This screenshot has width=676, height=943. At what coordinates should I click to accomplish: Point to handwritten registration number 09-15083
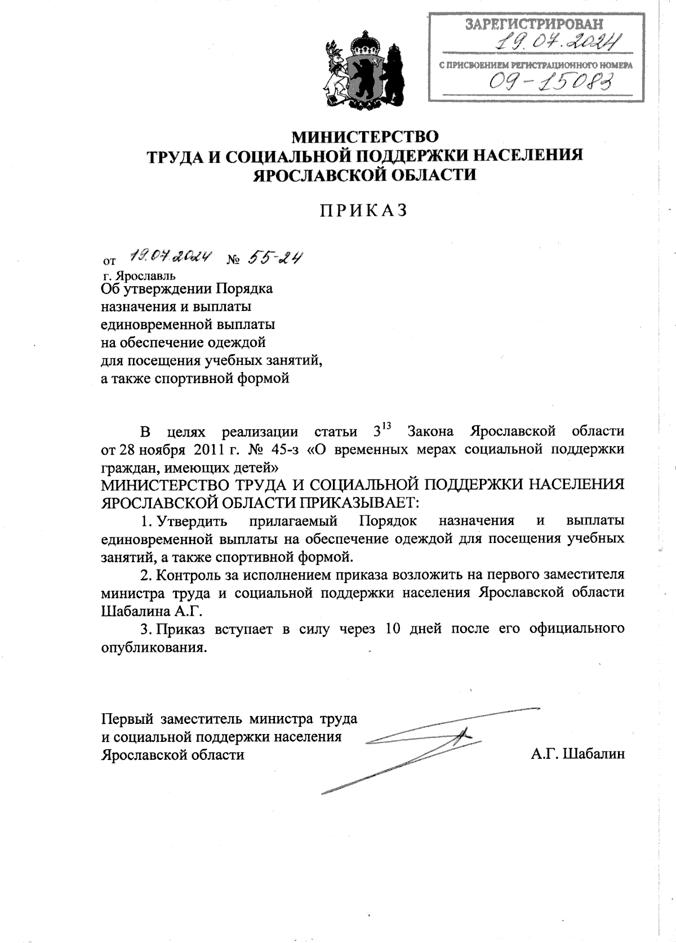click(x=550, y=83)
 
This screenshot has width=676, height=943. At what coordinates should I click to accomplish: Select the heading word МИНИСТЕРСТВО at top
click(x=363, y=136)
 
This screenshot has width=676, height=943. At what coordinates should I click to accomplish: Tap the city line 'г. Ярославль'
click(x=139, y=275)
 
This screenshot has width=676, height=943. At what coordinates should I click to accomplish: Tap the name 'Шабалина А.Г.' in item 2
click(x=151, y=611)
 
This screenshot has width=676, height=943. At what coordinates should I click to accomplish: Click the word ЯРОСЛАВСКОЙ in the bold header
click(x=315, y=174)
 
